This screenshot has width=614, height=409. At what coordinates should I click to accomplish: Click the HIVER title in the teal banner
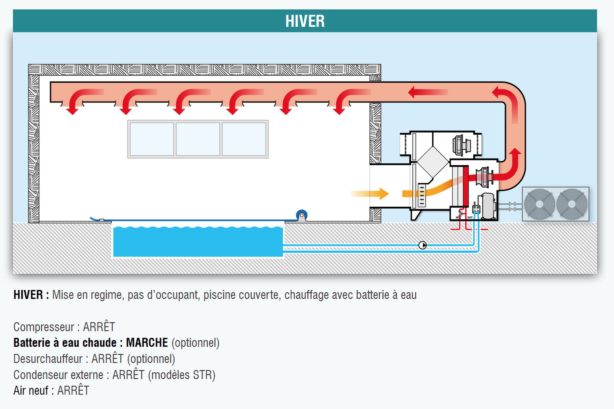coord(305,21)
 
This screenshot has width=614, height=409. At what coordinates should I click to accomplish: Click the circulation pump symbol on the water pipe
coord(422,245)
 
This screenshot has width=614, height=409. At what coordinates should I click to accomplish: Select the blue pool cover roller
coord(302,215)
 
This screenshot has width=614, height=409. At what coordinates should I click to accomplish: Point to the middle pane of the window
coord(198,139)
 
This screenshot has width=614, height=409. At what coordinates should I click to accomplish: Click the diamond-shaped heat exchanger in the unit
coord(433,162)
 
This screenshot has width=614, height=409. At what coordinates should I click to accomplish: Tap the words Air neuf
coord(31,391)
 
